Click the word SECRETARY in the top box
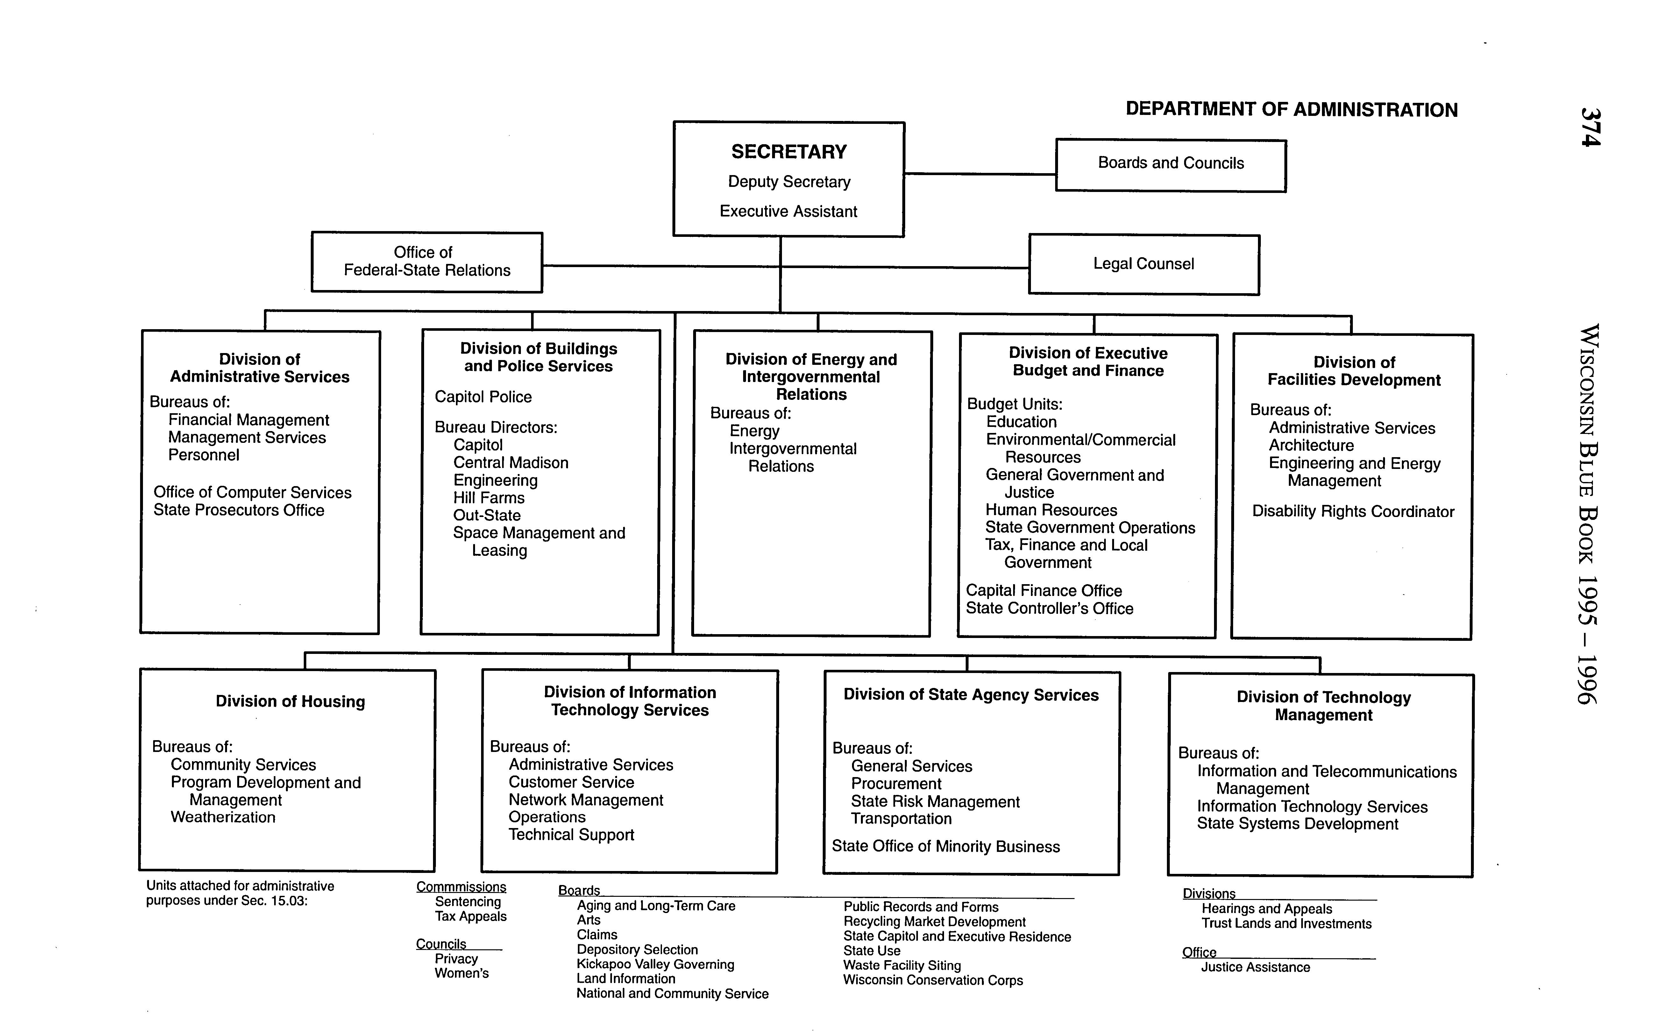789,152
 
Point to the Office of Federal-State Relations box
427,262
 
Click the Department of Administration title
1291,110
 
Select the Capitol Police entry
483,397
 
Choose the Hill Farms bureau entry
488,498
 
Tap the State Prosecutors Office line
239,510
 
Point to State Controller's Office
1049,609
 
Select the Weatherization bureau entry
223,817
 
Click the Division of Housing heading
290,702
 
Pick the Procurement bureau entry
896,784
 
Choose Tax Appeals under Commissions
471,917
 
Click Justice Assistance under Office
1255,967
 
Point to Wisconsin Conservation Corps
933,980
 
